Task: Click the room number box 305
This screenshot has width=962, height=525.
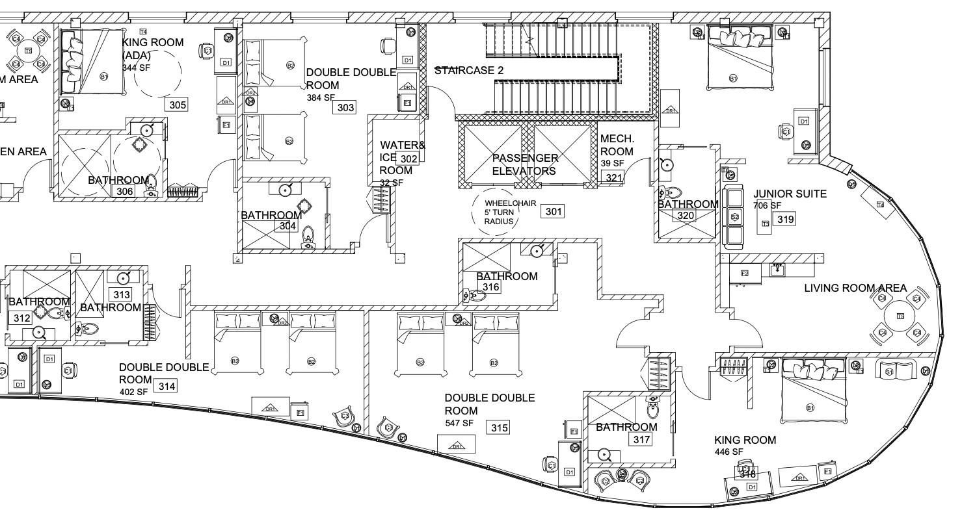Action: coord(178,105)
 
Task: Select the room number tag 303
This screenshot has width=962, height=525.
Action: coord(345,107)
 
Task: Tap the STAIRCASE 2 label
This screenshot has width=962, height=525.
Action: coord(469,70)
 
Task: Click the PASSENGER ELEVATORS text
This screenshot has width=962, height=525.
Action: coord(524,164)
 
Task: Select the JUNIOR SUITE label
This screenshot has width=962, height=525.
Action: coord(790,194)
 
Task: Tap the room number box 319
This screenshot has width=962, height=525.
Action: coord(785,220)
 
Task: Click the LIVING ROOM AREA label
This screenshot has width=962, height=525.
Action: coord(855,288)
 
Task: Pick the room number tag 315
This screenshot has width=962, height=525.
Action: coord(500,428)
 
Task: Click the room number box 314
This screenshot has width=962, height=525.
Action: coord(167,387)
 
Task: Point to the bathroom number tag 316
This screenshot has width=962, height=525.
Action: coord(491,287)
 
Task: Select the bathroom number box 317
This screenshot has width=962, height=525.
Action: coord(641,440)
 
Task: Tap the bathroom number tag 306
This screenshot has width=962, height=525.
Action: coord(125,191)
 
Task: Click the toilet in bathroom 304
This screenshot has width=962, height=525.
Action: coord(308,237)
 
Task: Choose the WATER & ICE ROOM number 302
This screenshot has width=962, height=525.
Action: coord(409,159)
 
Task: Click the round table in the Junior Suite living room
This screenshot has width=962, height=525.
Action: coord(900,316)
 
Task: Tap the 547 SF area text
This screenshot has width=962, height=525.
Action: coord(459,423)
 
